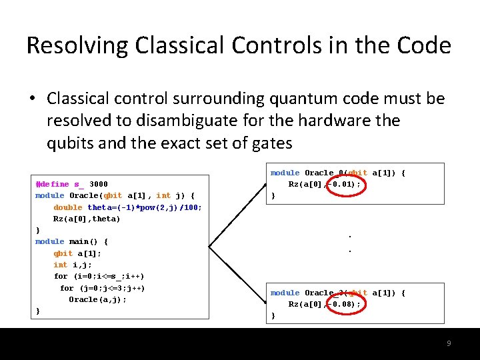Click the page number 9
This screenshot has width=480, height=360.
click(449, 343)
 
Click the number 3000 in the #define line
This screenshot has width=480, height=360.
click(98, 184)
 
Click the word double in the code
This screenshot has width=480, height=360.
click(68, 207)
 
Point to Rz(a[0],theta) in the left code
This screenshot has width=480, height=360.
click(87, 219)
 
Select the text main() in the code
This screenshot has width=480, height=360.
click(83, 241)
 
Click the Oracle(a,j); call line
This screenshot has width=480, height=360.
click(97, 299)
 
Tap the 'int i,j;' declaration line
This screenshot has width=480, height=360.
click(73, 265)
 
